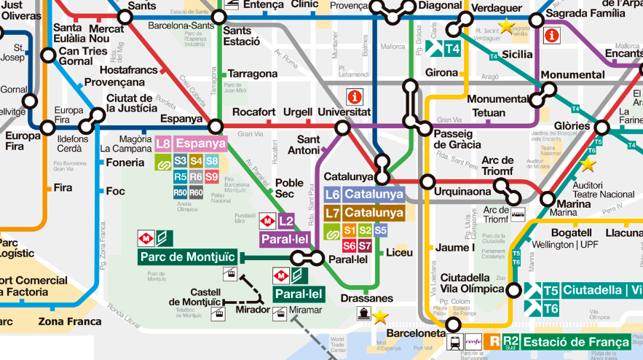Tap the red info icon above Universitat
[355, 96]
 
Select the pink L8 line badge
[164, 144]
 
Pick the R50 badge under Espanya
[181, 192]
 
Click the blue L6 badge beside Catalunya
[333, 195]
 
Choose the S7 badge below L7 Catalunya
[365, 246]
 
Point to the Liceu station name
[399, 253]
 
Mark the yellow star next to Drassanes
[380, 316]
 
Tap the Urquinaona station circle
[427, 181]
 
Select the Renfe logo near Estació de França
[473, 341]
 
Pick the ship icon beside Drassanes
[362, 314]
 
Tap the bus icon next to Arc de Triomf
[518, 215]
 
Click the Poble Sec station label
[289, 189]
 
